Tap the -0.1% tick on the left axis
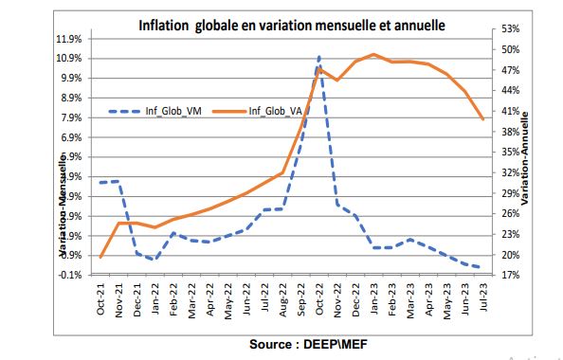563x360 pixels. coord(73,275)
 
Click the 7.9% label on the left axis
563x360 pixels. coord(73,117)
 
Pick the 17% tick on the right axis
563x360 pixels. coord(509,275)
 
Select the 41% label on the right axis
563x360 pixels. coord(509,111)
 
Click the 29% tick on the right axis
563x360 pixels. coord(509,193)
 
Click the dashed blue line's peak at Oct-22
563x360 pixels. coord(319,57)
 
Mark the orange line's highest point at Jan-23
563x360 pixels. coord(373,55)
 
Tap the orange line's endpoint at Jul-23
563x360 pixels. coord(483,118)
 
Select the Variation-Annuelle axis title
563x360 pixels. coord(525,156)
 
